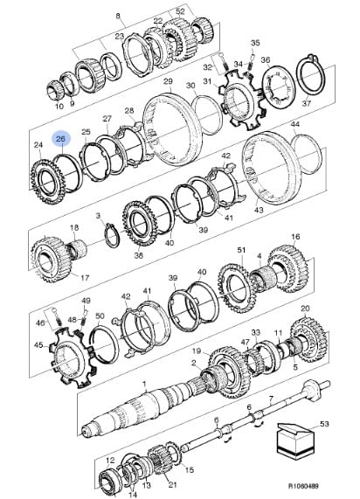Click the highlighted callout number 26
[x=60, y=139]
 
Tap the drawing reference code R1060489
[x=303, y=486]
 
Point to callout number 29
[x=168, y=81]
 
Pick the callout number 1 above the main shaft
[x=144, y=383]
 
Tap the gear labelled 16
[x=288, y=268]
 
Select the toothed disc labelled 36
[x=277, y=86]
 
